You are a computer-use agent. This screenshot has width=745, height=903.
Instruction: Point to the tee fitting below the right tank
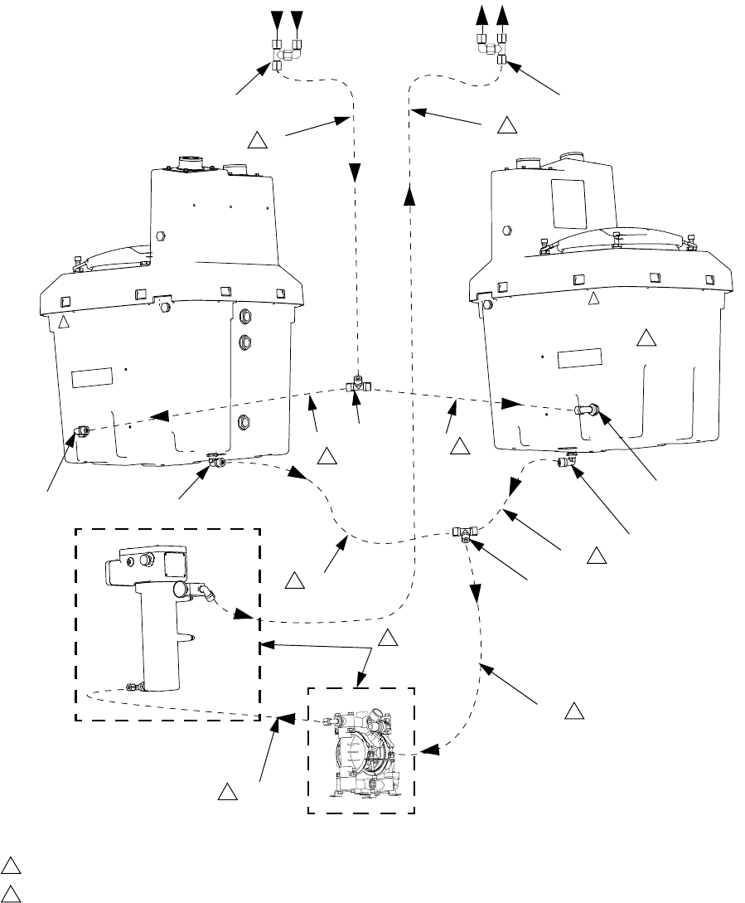(464, 533)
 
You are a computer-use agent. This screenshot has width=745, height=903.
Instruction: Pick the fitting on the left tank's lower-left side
(81, 430)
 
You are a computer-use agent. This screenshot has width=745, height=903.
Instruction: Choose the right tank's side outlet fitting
(589, 409)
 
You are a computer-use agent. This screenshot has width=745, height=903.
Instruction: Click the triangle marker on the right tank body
(646, 337)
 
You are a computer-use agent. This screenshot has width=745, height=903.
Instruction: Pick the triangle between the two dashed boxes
(387, 638)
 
